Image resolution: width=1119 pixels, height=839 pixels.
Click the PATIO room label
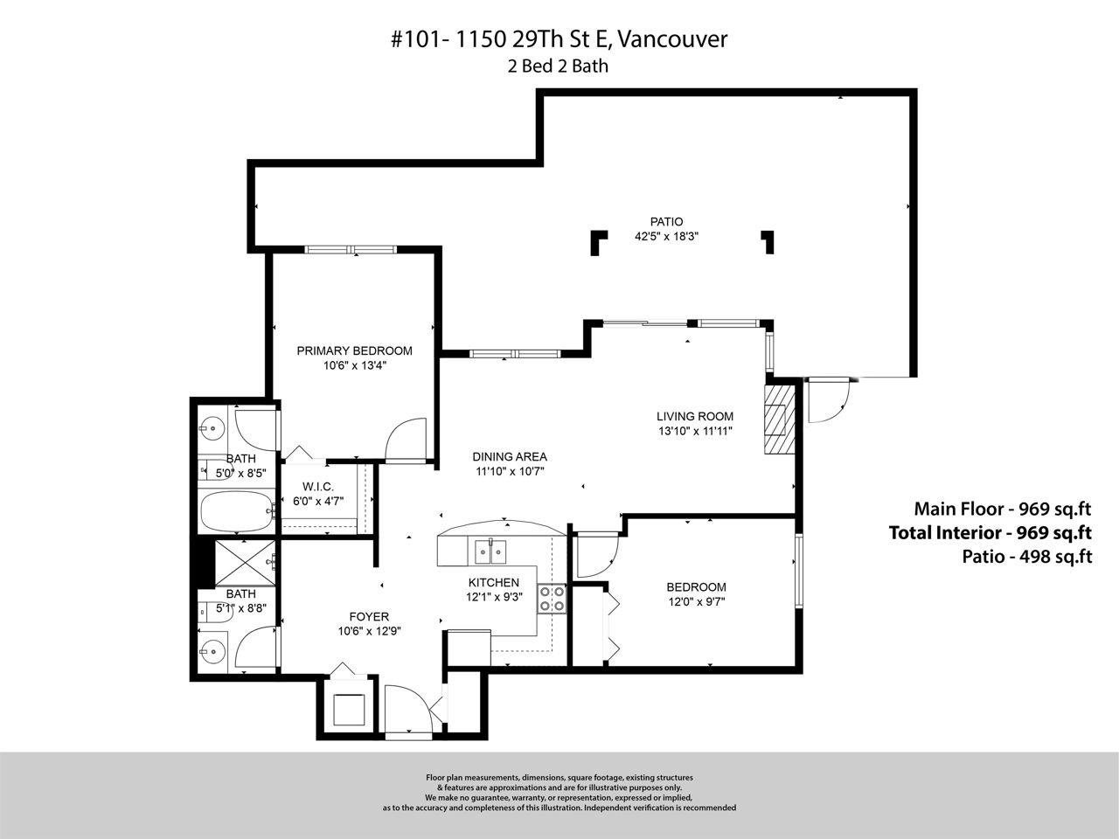pyautogui.click(x=666, y=222)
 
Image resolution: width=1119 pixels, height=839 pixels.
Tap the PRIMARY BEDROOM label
pyautogui.click(x=354, y=350)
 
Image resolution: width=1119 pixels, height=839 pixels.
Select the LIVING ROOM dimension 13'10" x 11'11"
pyautogui.click(x=695, y=431)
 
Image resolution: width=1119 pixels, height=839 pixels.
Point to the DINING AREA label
pyautogui.click(x=510, y=456)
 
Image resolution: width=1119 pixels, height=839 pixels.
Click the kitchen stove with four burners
pyautogui.click(x=553, y=599)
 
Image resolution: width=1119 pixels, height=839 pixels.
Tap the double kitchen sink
pyautogui.click(x=490, y=551)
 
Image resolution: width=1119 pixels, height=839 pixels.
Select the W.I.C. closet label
pyautogui.click(x=318, y=487)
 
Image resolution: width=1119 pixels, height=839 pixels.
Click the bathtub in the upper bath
pyautogui.click(x=237, y=511)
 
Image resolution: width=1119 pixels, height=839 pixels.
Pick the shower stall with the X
pyautogui.click(x=245, y=563)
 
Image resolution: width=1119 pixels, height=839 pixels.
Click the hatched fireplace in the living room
pyautogui.click(x=779, y=419)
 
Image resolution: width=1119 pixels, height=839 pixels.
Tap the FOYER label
pyautogui.click(x=369, y=616)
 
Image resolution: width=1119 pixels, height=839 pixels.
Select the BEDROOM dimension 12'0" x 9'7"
pyautogui.click(x=697, y=601)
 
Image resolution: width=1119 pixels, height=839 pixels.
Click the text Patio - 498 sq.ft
pyautogui.click(x=1026, y=557)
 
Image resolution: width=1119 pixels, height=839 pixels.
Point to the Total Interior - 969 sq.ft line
pyautogui.click(x=990, y=532)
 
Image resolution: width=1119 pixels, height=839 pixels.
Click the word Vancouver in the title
pyautogui.click(x=672, y=39)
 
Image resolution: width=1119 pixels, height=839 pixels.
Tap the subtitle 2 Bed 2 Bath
pyautogui.click(x=558, y=66)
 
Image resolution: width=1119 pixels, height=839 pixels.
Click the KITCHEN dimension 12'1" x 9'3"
pyautogui.click(x=494, y=597)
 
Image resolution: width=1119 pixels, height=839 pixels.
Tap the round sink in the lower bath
pyautogui.click(x=212, y=651)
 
